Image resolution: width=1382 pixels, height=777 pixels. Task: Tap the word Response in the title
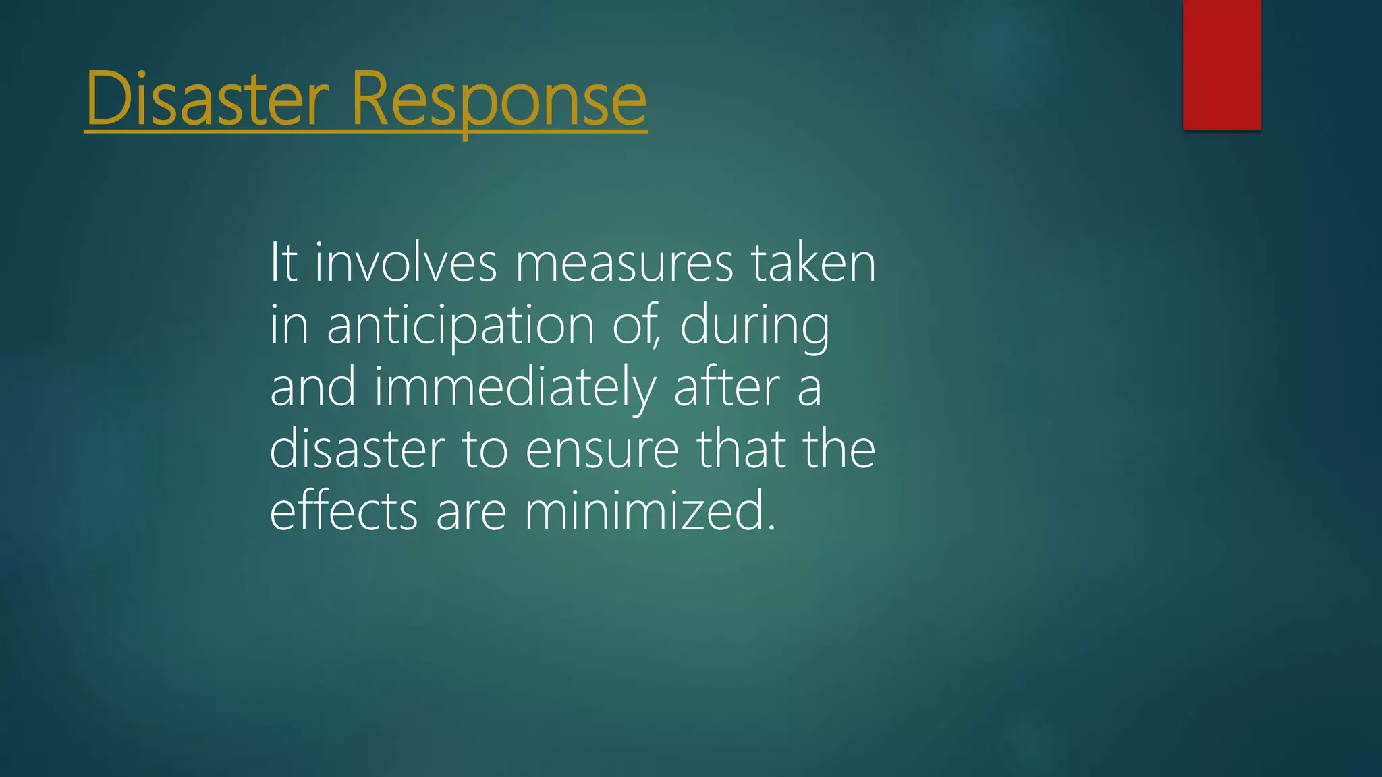[x=499, y=99]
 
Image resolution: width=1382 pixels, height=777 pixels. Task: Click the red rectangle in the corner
[x=1221, y=64]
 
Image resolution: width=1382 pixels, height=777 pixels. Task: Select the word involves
[x=406, y=263]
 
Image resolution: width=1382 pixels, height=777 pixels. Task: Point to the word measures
[x=624, y=263]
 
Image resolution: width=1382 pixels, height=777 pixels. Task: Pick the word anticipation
[x=460, y=325]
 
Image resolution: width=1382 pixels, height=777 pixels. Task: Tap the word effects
[x=343, y=511]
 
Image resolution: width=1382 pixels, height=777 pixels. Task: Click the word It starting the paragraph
[x=283, y=263]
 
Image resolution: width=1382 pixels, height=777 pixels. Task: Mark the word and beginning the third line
[x=312, y=388]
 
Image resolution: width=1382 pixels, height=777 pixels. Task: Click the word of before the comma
[x=635, y=325]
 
